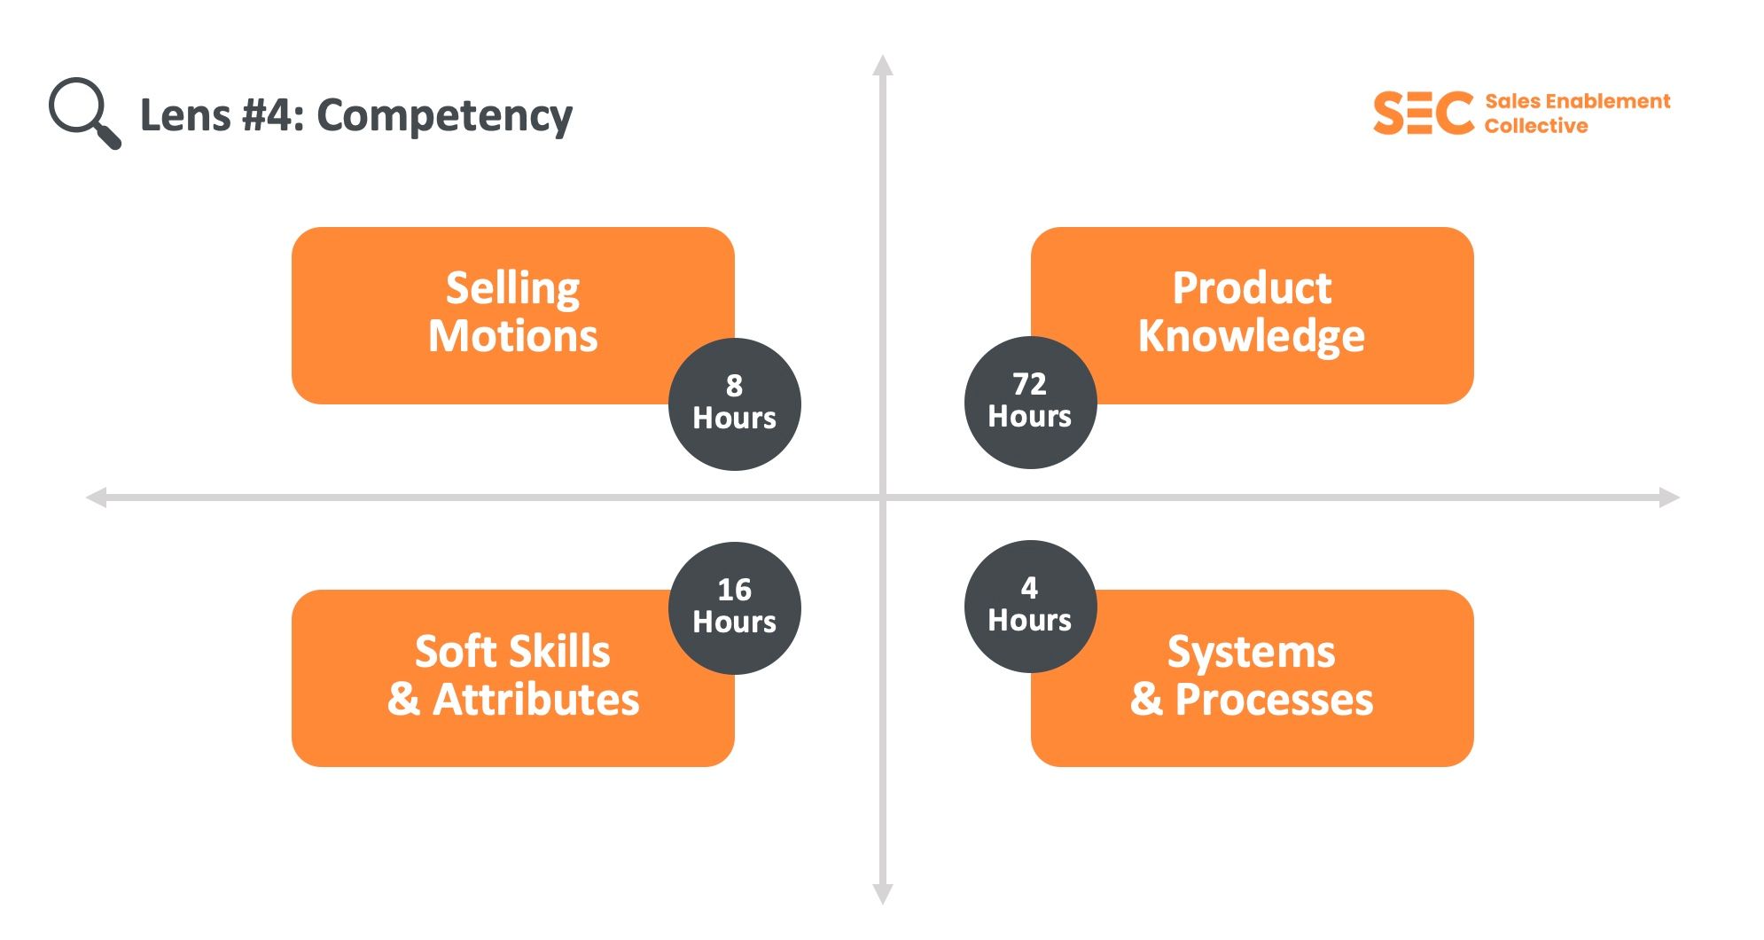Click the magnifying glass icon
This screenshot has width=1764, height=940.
coord(83,113)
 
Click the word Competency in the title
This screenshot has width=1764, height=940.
coord(444,116)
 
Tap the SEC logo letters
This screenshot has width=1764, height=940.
coord(1423,114)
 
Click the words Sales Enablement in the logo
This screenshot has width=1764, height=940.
coord(1577,101)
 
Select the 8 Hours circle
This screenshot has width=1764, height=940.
coord(734,403)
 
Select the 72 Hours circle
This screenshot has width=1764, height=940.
coord(1030,402)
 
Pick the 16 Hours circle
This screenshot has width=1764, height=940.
coord(734,607)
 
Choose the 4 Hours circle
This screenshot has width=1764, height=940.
coord(1030,606)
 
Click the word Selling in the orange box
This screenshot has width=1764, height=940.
coord(512,289)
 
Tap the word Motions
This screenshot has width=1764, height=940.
coord(512,336)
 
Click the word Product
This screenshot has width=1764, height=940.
coord(1252,288)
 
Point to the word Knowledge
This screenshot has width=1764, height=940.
coord(1252,336)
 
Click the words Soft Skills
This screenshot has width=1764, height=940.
coord(512,652)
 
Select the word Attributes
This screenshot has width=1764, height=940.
coord(535,700)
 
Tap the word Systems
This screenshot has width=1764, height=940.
coord(1251,653)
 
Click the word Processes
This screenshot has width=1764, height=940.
coord(1274,700)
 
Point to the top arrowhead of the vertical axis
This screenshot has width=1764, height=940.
coord(882,66)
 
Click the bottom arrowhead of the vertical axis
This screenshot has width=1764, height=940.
coord(882,894)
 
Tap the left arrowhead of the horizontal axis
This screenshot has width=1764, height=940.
coord(97,497)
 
